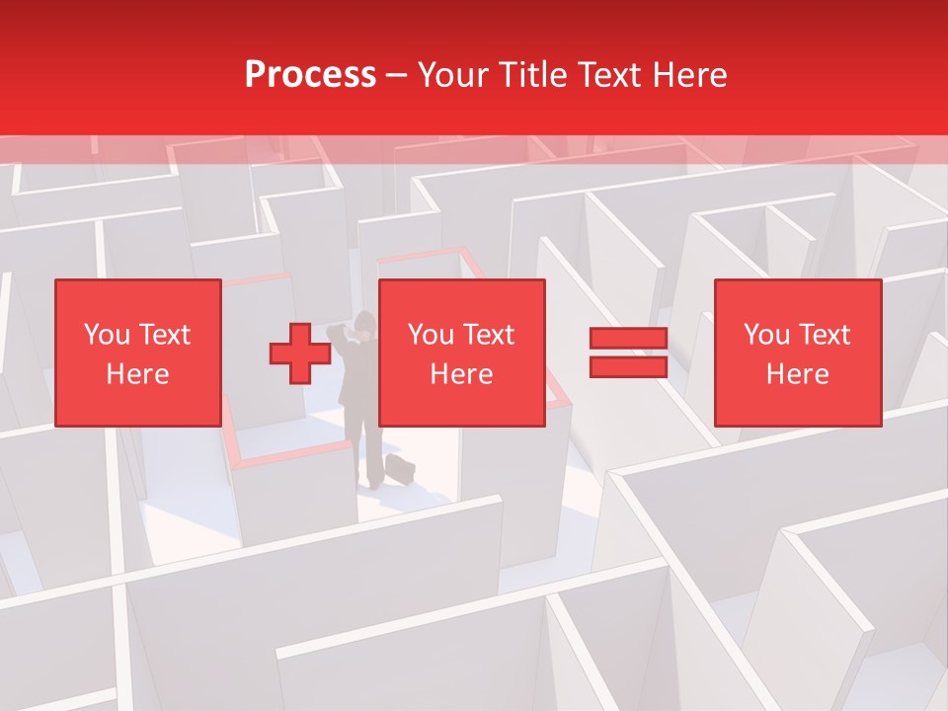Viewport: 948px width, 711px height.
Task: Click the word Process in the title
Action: pyautogui.click(x=310, y=75)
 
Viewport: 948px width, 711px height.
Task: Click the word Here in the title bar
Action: pyautogui.click(x=689, y=75)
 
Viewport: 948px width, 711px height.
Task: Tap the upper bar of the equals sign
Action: pyautogui.click(x=628, y=339)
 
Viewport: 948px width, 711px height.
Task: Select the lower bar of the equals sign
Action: pyautogui.click(x=628, y=367)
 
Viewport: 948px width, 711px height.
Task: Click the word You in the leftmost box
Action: pyautogui.click(x=106, y=335)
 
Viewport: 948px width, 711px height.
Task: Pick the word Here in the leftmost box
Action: pyautogui.click(x=137, y=374)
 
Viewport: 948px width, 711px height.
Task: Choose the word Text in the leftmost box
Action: pyautogui.click(x=163, y=335)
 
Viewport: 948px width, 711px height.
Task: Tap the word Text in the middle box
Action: pyautogui.click(x=488, y=335)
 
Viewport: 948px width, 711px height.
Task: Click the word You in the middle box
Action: pyautogui.click(x=431, y=335)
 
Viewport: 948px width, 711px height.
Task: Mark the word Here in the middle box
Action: pyautogui.click(x=461, y=374)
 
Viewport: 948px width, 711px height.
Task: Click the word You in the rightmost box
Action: pyautogui.click(x=766, y=335)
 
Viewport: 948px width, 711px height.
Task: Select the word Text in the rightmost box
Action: pyautogui.click(x=824, y=335)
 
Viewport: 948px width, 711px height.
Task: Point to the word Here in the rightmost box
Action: pyautogui.click(x=797, y=374)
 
